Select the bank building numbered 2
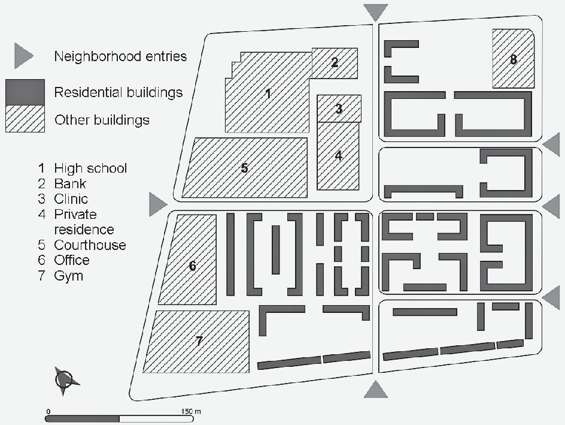click(335, 62)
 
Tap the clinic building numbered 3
click(339, 108)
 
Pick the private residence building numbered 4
click(338, 155)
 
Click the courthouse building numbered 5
click(244, 168)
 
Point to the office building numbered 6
click(192, 266)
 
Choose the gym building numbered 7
click(199, 341)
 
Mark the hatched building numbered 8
click(514, 59)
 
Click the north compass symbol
click(64, 379)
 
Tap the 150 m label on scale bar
click(191, 411)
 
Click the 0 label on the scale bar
click(47, 411)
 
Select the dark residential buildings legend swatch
click(25, 92)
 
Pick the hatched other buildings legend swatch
click(25, 119)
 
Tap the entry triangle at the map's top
click(376, 11)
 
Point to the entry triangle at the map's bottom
click(376, 390)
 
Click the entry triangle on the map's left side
click(157, 204)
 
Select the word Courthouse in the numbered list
click(90, 245)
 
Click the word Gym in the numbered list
click(68, 276)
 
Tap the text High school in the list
click(90, 168)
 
